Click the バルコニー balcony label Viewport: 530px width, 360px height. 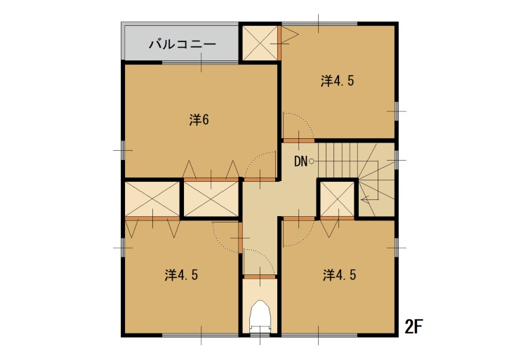pos(183,44)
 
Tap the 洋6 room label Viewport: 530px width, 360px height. pos(199,120)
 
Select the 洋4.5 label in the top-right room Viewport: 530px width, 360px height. pos(338,81)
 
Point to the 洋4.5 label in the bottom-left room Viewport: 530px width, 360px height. pos(181,275)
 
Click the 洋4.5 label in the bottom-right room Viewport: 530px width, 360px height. pos(339,275)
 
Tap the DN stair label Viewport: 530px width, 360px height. pos(300,161)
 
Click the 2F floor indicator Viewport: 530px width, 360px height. pos(413,326)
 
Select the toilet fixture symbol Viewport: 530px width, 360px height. pos(260,316)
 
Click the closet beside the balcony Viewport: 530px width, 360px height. pos(260,43)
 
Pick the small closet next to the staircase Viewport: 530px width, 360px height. pos(337,199)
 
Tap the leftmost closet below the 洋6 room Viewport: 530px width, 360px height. pos(152,199)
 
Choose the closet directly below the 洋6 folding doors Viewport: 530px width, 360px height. pos(211,199)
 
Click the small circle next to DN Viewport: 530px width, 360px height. pos(311,161)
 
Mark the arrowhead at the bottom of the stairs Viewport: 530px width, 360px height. pos(364,199)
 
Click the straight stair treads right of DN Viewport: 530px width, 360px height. pos(338,160)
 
